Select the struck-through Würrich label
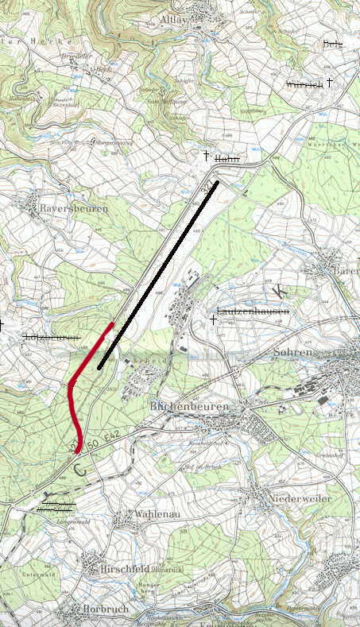point(304,83)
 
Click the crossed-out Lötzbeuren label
point(52,338)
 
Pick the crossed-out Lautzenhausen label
point(253,313)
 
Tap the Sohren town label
point(295,351)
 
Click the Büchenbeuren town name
point(189,406)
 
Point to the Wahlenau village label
point(143,515)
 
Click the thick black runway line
point(159,273)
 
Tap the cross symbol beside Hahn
point(206,155)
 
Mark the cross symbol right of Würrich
point(330,82)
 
